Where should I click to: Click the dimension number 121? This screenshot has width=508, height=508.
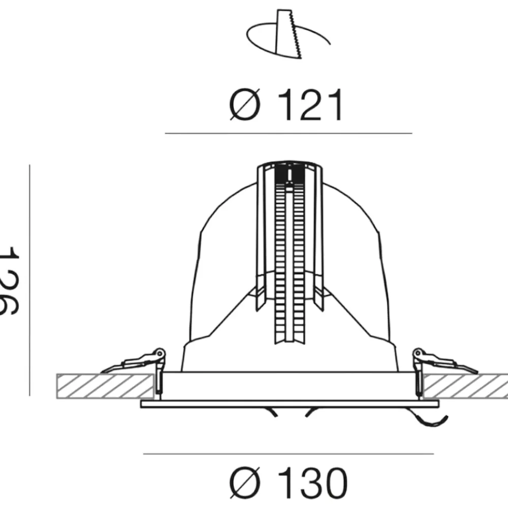[x=310, y=105]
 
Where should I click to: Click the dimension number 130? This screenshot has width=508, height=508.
[x=312, y=483]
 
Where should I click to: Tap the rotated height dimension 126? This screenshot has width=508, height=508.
[x=9, y=280]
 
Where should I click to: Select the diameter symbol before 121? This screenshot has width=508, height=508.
[x=245, y=104]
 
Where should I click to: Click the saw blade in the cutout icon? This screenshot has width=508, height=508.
[x=289, y=34]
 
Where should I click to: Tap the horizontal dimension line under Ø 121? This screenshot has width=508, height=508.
[x=289, y=133]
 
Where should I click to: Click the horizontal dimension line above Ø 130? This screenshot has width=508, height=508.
[x=289, y=454]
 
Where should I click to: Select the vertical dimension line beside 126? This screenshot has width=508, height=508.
[x=29, y=280]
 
